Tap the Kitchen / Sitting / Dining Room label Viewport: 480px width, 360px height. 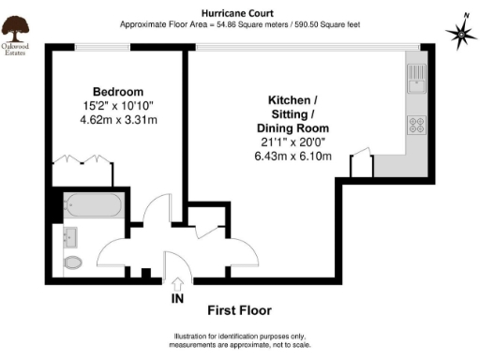click(x=293, y=113)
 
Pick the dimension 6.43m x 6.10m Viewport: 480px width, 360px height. click(x=293, y=156)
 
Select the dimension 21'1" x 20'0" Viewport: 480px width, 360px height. click(x=293, y=142)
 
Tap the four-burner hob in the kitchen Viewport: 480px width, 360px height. click(x=416, y=124)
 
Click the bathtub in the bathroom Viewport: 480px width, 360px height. click(x=91, y=205)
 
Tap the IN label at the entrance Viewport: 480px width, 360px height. click(x=177, y=299)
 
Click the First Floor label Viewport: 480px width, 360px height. click(x=239, y=310)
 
